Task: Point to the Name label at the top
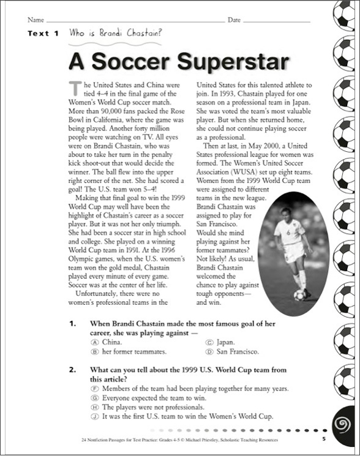click(x=36, y=20)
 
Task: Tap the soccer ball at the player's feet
click(x=299, y=294)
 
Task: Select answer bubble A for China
click(x=94, y=343)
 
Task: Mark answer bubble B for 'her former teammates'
click(x=94, y=352)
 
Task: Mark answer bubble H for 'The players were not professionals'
click(x=94, y=407)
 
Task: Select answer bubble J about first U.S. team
click(x=94, y=416)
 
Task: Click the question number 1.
click(x=72, y=323)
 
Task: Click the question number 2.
click(x=72, y=370)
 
